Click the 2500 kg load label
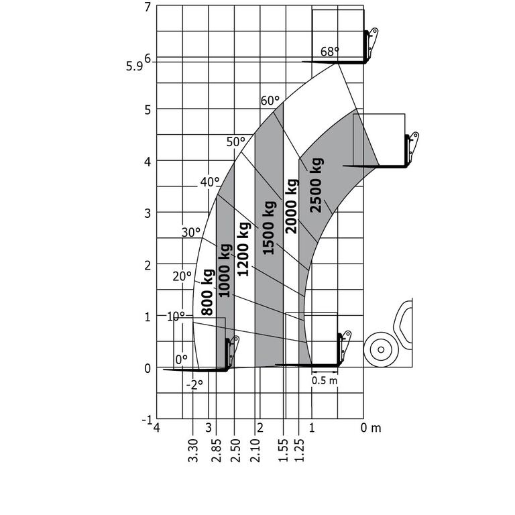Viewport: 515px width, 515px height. tap(317, 184)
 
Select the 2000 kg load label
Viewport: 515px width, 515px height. tap(291, 206)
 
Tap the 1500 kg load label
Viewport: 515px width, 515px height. tap(269, 227)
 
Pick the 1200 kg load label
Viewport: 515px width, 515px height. tap(244, 249)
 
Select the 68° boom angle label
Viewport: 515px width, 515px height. tap(329, 52)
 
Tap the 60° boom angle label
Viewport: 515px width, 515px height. tap(270, 101)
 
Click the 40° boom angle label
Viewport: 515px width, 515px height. tap(209, 182)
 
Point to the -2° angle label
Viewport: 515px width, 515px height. tap(194, 384)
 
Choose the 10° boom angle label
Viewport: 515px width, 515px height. tap(176, 316)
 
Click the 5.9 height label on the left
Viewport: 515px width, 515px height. tap(133, 66)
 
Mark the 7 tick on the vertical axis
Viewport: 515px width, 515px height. tap(147, 7)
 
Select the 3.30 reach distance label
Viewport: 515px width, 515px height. tap(193, 450)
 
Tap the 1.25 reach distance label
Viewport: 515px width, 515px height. tap(300, 450)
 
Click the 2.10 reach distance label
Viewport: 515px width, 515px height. tap(256, 450)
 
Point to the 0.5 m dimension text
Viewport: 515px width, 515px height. tap(325, 380)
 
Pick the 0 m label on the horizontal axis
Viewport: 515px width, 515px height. tap(371, 428)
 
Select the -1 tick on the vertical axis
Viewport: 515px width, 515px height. tap(146, 420)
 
